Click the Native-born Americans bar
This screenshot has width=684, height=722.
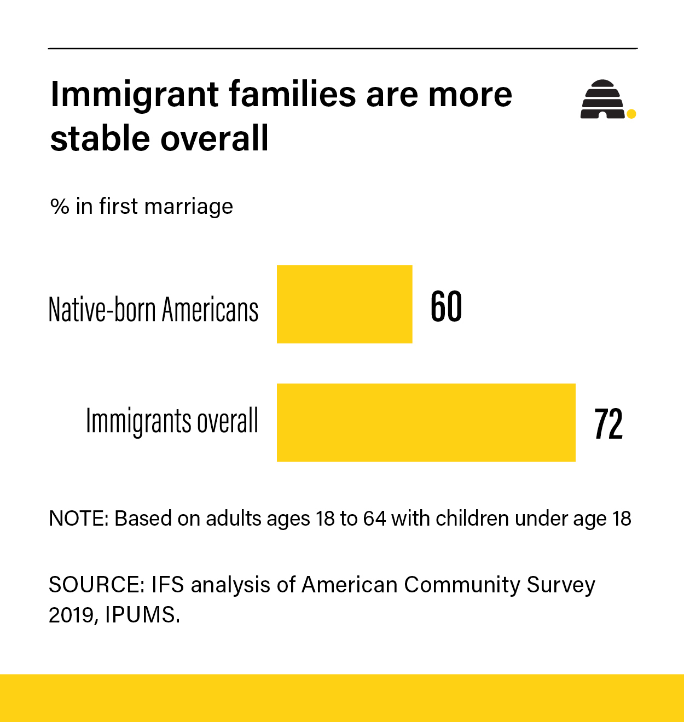point(344,304)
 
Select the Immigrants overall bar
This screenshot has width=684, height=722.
point(426,422)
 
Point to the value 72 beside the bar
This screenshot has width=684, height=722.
point(608,424)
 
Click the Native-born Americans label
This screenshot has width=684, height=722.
point(153,310)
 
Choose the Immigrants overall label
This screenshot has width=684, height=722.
point(172,421)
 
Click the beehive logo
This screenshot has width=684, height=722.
point(602,100)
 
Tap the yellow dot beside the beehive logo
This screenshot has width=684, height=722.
point(631,114)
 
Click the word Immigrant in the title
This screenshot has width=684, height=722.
point(135,95)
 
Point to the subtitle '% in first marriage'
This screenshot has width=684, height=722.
point(141,207)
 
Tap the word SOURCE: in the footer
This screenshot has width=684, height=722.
point(96,585)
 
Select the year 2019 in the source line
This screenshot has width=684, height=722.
point(73,615)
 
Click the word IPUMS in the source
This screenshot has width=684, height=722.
point(141,615)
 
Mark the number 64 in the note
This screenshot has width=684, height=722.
point(374,519)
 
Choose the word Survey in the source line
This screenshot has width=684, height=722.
point(561,585)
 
